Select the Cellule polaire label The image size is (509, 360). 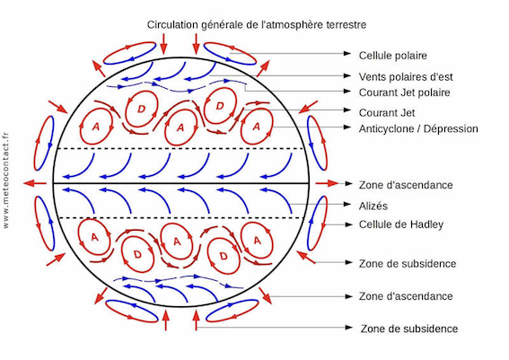point(393,56)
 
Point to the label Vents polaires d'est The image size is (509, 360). point(406,77)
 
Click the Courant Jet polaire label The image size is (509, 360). point(405,92)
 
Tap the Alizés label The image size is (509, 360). point(373,206)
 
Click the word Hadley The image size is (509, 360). point(427,224)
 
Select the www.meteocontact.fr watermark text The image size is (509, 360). point(6,180)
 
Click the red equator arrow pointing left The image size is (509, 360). point(35,183)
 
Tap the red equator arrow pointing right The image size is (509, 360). point(327,183)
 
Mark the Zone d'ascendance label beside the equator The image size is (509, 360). point(406,185)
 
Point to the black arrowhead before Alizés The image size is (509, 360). point(347,204)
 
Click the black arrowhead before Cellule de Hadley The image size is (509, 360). point(348,224)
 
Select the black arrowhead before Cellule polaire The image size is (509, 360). point(347,53)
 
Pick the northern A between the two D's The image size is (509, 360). point(180,127)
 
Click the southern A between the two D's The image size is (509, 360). point(177,241)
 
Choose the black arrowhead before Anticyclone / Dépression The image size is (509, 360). point(347,127)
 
